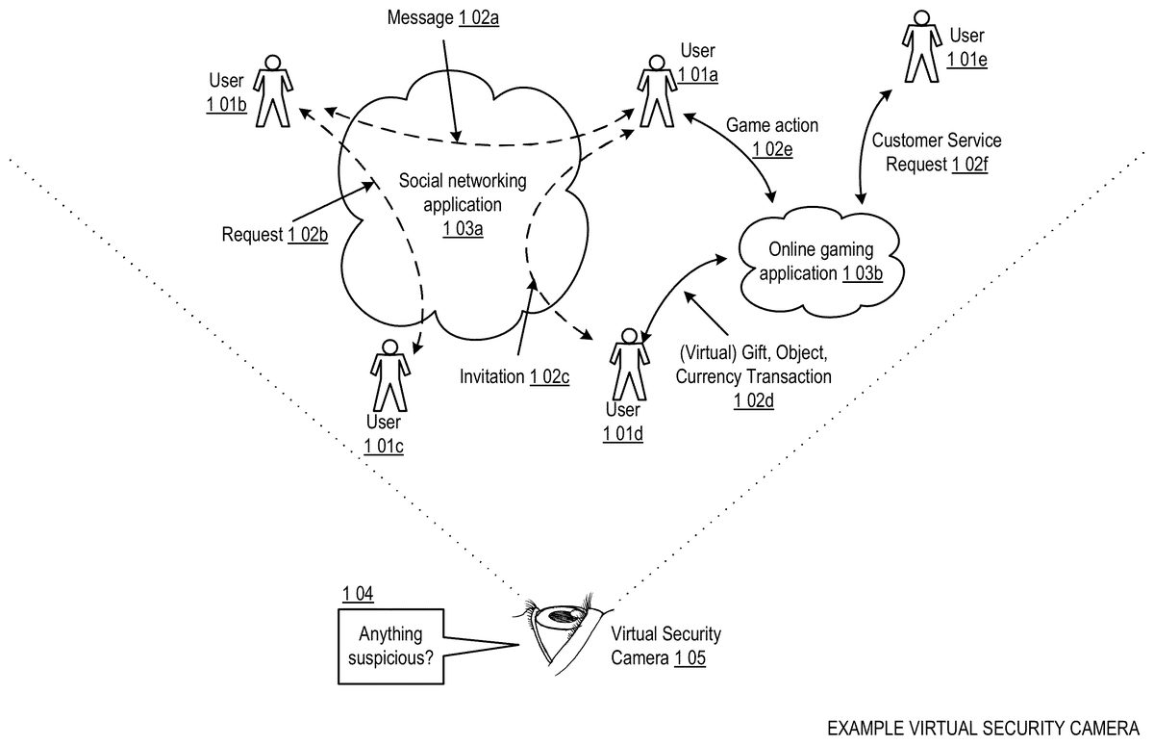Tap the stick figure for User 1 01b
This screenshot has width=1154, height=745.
[272, 91]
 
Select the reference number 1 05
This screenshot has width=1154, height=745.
[690, 659]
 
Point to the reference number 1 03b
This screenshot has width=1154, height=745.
[863, 273]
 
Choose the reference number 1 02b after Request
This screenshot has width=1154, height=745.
[308, 234]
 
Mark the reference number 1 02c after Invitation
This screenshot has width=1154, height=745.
[550, 376]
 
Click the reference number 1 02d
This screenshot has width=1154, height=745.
[753, 398]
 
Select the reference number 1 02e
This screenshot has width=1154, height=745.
[772, 148]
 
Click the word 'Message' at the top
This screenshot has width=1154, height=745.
[419, 18]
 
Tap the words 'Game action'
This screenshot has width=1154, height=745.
[772, 125]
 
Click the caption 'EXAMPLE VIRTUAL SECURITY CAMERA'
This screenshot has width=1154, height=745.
[983, 725]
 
